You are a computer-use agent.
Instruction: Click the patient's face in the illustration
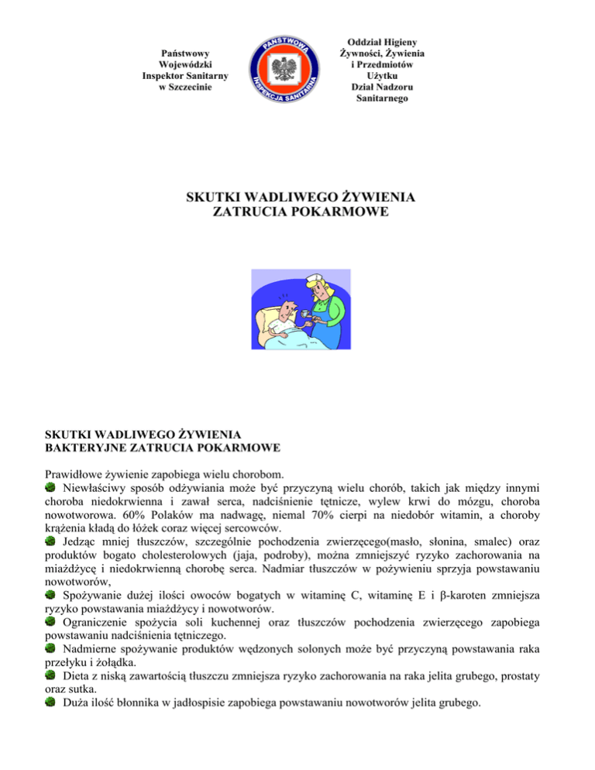click(x=285, y=315)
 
